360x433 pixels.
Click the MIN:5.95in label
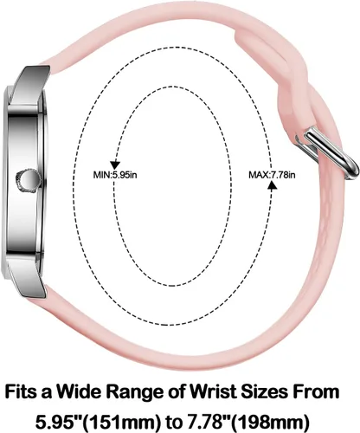115,175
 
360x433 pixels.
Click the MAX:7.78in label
272,175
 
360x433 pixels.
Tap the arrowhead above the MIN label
115,165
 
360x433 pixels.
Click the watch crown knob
28,179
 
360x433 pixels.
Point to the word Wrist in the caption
211,391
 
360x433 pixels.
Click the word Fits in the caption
21,391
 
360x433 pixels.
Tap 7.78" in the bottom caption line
207,422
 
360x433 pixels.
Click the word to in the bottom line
172,422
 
